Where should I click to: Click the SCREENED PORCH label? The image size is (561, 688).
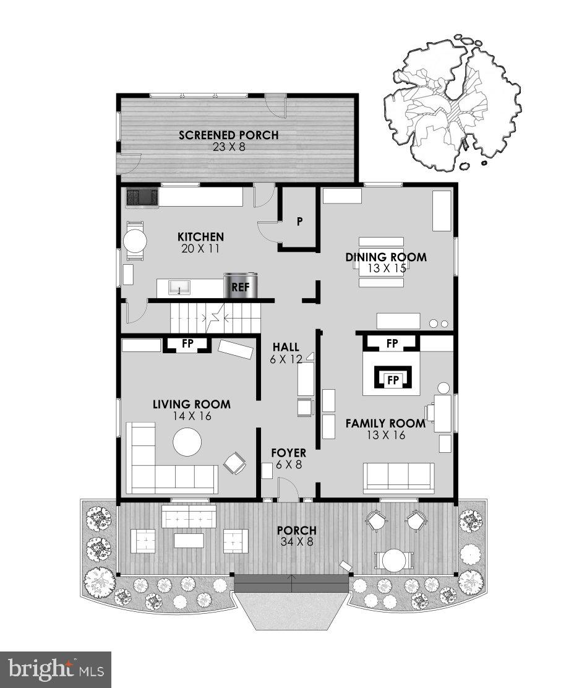(228, 135)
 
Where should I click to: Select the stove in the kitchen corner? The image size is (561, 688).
(142, 197)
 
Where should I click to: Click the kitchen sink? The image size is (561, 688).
(178, 288)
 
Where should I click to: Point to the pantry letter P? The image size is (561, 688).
(299, 220)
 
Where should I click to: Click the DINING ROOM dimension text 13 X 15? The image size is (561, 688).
(386, 269)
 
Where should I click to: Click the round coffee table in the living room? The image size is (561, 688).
(187, 442)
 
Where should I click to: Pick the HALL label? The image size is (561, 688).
(286, 347)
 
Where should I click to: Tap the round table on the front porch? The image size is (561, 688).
(393, 561)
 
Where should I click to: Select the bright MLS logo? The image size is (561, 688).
(56, 669)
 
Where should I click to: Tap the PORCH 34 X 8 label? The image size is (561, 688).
(296, 536)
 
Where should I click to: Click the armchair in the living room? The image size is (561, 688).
(234, 463)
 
